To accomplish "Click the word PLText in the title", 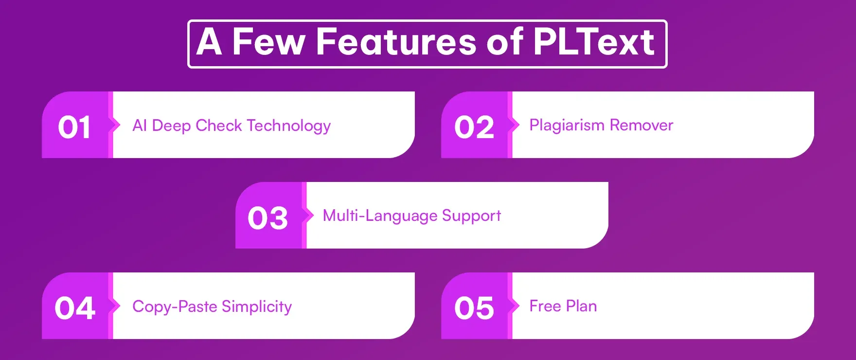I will pyautogui.click(x=594, y=43).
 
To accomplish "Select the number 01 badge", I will pyautogui.click(x=74, y=127).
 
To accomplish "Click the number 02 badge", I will pyautogui.click(x=474, y=127).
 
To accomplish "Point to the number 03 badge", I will pyautogui.click(x=268, y=218).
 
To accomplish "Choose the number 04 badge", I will pyautogui.click(x=75, y=308).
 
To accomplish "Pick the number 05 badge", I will pyautogui.click(x=474, y=308).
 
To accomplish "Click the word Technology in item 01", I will pyautogui.click(x=288, y=126).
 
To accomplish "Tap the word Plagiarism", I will pyautogui.click(x=567, y=126).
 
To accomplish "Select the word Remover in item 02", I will pyautogui.click(x=642, y=125).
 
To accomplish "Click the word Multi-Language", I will pyautogui.click(x=380, y=216).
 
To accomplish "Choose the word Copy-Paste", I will pyautogui.click(x=175, y=306).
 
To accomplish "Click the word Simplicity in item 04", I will pyautogui.click(x=257, y=306).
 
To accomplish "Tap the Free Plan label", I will pyautogui.click(x=563, y=306).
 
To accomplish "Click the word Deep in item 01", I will pyautogui.click(x=171, y=126).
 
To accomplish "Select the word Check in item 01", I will pyautogui.click(x=218, y=126).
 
